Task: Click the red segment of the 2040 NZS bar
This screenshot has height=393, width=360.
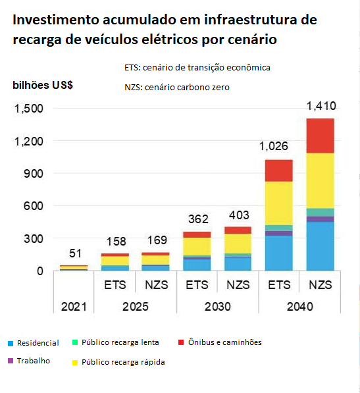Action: tap(320, 136)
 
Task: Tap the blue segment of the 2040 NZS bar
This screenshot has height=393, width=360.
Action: tap(320, 246)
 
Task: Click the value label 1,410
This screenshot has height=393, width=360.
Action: tap(321, 106)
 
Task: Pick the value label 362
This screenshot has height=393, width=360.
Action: tap(197, 219)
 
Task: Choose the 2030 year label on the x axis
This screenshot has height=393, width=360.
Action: tap(217, 307)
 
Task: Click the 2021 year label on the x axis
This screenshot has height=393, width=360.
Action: tap(74, 307)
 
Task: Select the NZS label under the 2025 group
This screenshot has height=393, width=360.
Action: tap(156, 285)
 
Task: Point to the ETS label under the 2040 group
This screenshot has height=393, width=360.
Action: tap(279, 285)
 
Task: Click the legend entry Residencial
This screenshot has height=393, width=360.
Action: tap(38, 343)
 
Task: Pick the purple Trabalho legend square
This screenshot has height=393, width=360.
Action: tap(10, 361)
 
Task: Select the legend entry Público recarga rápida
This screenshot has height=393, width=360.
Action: tap(122, 362)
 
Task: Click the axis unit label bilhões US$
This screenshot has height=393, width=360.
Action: tap(43, 86)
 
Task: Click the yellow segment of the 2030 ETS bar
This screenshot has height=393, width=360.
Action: tap(197, 246)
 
